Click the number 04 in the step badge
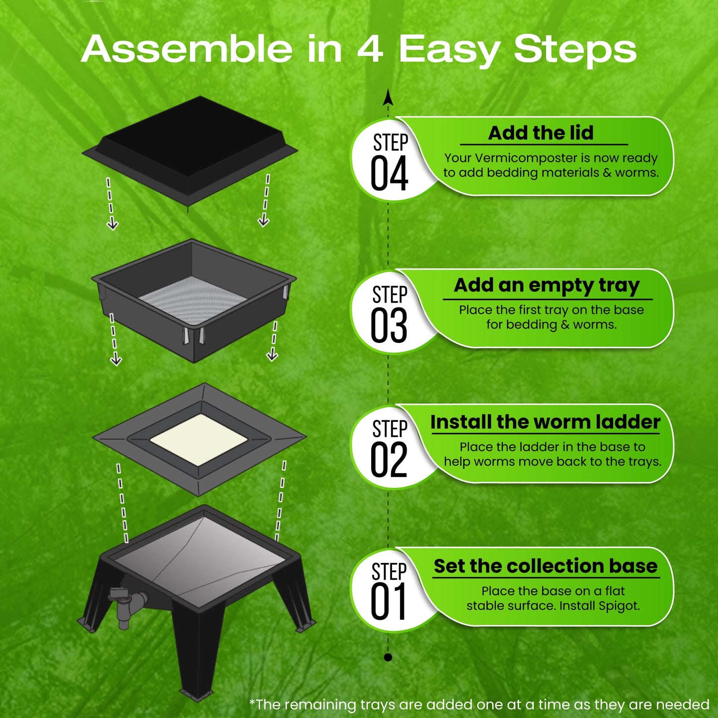[389, 173]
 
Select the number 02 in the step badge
[389, 460]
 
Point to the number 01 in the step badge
[389, 602]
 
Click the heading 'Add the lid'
[541, 133]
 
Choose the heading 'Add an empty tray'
[547, 286]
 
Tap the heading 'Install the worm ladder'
[545, 422]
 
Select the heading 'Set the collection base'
[546, 566]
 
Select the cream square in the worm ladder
[199, 439]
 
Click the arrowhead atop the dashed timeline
[388, 97]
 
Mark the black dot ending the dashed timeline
[388, 657]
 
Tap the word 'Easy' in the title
[449, 50]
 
